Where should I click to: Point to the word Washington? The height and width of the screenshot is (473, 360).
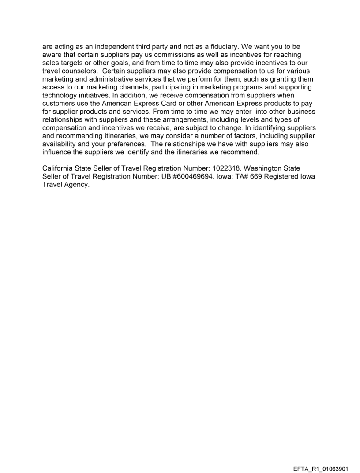point(261,168)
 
